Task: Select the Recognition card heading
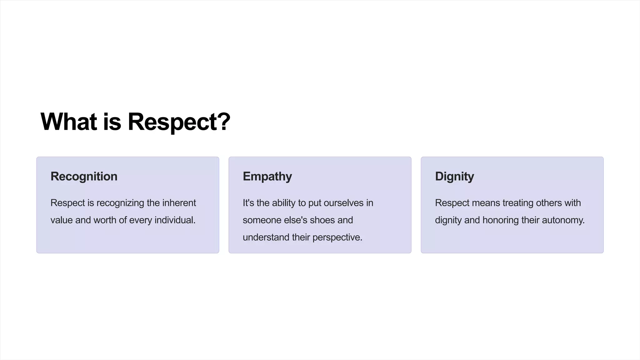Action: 84,176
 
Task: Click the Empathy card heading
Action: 267,177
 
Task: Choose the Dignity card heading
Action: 454,177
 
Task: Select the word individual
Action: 175,220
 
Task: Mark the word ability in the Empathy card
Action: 283,203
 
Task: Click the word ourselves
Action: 343,203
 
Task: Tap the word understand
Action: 266,237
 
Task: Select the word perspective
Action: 337,237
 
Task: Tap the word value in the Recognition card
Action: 62,220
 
